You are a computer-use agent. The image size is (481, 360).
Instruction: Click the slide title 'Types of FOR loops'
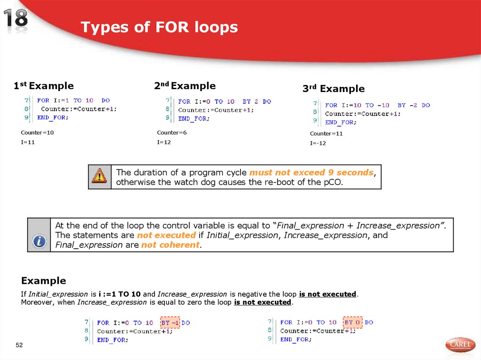click(159, 28)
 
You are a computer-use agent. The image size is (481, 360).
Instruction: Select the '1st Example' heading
click(44, 86)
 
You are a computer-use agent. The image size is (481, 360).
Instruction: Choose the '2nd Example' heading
click(185, 86)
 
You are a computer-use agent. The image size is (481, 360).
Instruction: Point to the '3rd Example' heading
click(333, 89)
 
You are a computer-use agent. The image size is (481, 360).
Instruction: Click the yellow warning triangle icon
click(99, 176)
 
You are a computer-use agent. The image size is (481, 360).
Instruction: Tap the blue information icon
click(39, 242)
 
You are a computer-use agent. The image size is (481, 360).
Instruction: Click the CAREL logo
click(460, 345)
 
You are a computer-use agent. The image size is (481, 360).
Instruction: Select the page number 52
click(19, 345)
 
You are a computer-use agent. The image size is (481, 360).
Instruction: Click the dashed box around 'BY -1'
click(170, 323)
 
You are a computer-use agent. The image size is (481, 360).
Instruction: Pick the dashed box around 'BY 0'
click(352, 322)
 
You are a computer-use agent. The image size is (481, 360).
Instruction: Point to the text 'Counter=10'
click(37, 133)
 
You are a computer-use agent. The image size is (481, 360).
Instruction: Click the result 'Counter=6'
click(171, 133)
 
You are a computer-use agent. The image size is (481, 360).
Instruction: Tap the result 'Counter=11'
click(326, 134)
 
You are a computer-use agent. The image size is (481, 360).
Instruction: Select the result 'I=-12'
click(318, 143)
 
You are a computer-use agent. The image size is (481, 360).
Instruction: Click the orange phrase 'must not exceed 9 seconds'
click(311, 172)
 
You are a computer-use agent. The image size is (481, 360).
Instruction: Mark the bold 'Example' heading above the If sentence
click(43, 281)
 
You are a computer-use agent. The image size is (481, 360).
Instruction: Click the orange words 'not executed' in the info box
click(166, 235)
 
